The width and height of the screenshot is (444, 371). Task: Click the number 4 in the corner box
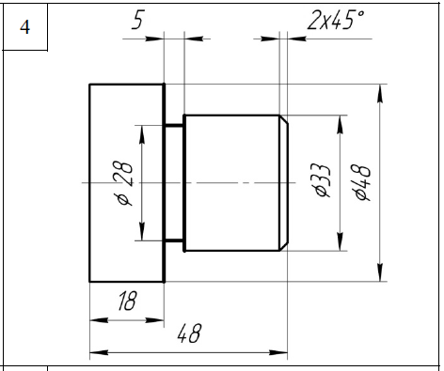pyautogui.click(x=24, y=27)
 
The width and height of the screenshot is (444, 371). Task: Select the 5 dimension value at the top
pyautogui.click(x=137, y=20)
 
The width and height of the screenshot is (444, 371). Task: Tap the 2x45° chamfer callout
pyautogui.click(x=336, y=20)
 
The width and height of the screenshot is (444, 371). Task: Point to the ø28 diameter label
pyautogui.click(x=123, y=184)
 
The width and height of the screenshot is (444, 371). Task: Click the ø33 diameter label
pyautogui.click(x=323, y=180)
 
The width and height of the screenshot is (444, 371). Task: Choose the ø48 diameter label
pyautogui.click(x=363, y=182)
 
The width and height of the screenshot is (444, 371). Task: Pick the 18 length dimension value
pyautogui.click(x=127, y=301)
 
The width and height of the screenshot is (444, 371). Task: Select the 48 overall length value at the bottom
pyautogui.click(x=189, y=333)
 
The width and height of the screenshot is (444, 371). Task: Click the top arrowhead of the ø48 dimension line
pyautogui.click(x=380, y=93)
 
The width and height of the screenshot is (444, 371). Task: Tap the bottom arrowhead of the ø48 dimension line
pyautogui.click(x=380, y=272)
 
